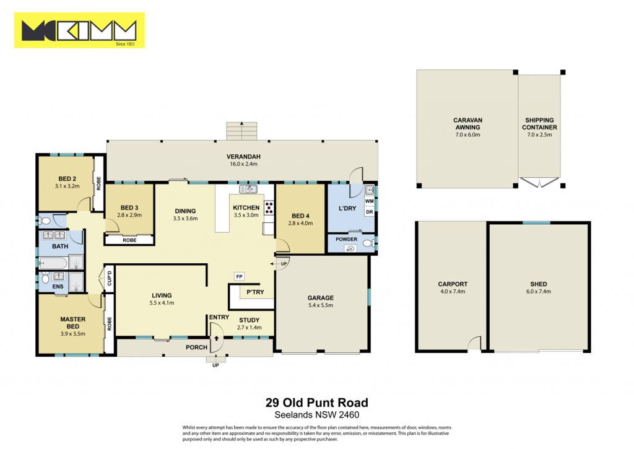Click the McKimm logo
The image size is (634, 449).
[79, 30]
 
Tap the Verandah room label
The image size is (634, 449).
[243, 157]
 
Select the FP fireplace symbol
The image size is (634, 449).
[240, 277]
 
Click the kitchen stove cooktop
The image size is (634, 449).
[269, 208]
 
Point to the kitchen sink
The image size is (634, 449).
[248, 189]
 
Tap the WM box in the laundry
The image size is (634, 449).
[369, 201]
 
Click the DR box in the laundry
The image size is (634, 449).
[369, 212]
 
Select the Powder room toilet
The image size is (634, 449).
[369, 243]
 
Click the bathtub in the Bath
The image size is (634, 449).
[53, 263]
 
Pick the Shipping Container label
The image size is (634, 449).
[539, 124]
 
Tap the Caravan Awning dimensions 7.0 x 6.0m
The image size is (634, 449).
[467, 135]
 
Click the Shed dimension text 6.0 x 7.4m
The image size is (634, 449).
[538, 291]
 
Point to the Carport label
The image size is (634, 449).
[453, 284]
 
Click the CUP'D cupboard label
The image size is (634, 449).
[109, 278]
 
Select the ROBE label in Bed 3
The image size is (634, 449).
[129, 240]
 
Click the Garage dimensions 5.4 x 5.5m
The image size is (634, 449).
[320, 305]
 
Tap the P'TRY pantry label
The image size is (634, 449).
[255, 292]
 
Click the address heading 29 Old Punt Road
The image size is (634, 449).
[316, 403]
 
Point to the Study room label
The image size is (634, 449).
[249, 320]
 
